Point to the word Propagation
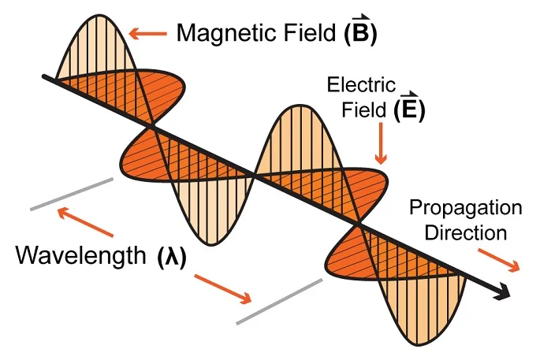point(466,208)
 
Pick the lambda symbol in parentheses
point(169,258)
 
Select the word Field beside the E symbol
point(365,109)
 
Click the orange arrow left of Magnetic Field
point(147,33)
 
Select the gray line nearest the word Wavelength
point(73,194)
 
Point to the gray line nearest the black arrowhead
point(278,300)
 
